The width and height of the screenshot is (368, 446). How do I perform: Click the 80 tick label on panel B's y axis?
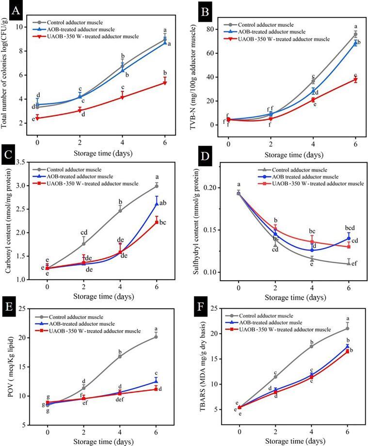tap(217, 29)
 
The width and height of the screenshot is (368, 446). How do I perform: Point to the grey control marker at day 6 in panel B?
tap(355, 34)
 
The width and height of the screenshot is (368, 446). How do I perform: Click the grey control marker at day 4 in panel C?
tap(120, 210)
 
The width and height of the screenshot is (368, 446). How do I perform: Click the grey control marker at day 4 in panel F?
tap(311, 346)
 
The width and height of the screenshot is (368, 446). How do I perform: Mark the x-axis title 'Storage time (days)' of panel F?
tap(293, 440)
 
